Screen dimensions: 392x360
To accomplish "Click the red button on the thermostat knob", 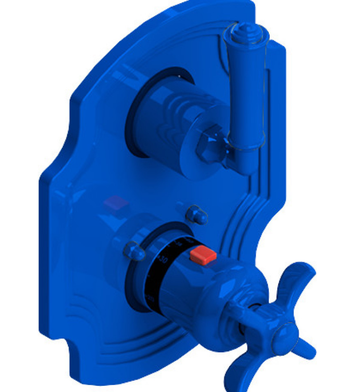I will [x=203, y=255].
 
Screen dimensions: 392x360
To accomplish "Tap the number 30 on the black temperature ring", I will [x=163, y=260].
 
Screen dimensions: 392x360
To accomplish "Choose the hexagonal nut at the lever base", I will [x=207, y=145].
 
